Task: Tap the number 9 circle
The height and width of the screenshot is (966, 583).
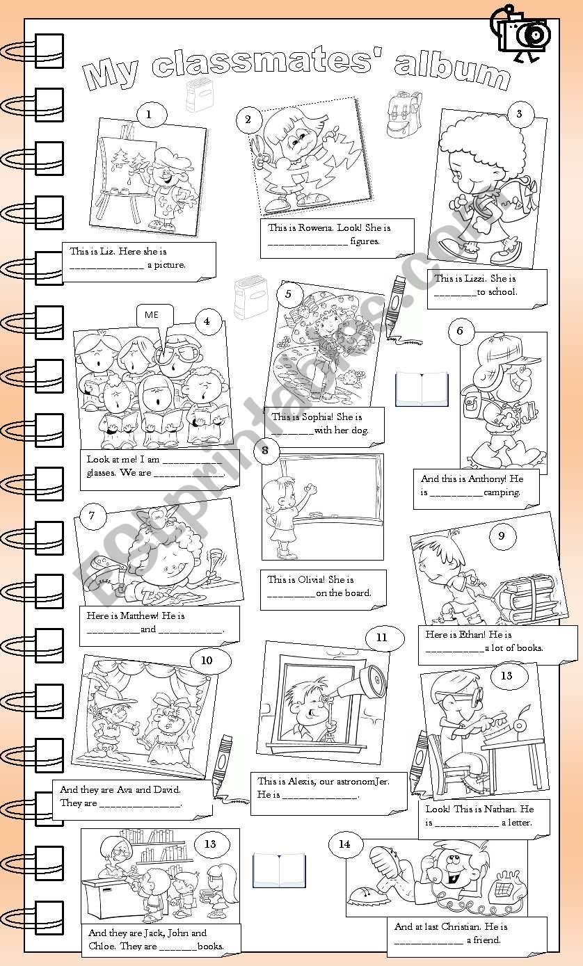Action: (x=502, y=535)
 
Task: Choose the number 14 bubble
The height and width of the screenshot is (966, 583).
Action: (x=344, y=844)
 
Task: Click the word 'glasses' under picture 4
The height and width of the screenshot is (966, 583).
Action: (x=100, y=474)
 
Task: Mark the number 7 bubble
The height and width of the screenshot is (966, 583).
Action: (x=93, y=515)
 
